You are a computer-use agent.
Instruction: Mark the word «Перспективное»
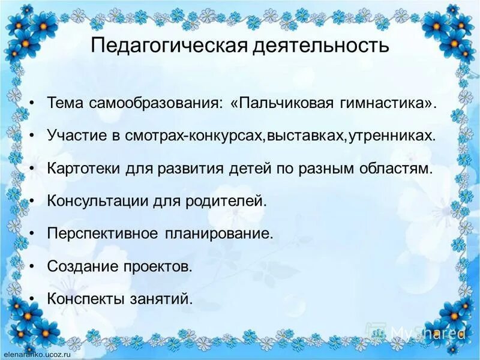click(96, 233)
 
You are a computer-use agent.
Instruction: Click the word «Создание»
click(76, 266)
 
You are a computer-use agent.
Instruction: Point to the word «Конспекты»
click(82, 298)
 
